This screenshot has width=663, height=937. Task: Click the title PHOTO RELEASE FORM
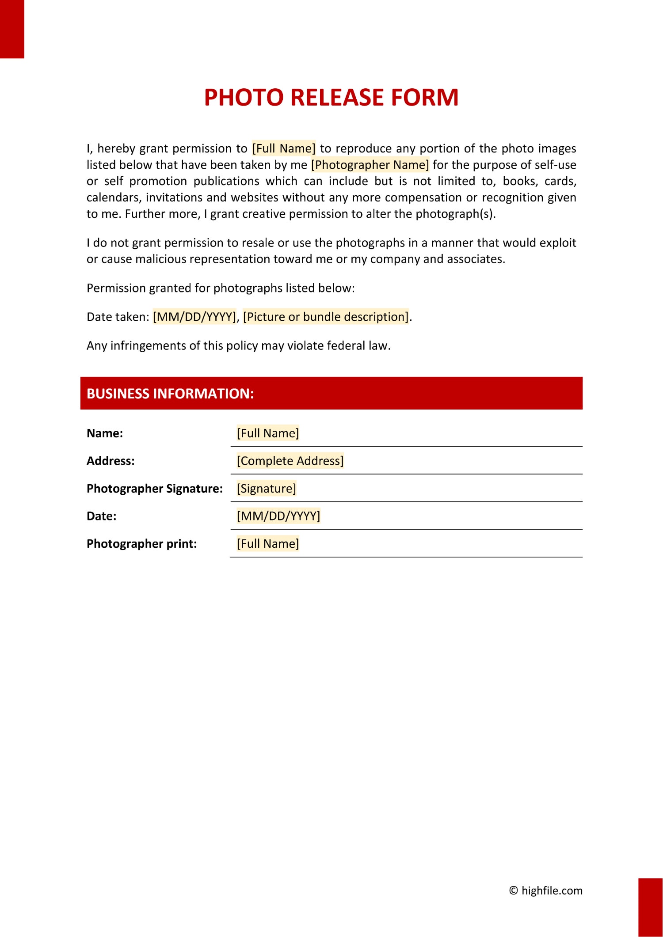(x=331, y=97)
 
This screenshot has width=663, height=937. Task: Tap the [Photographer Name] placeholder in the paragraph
(x=370, y=165)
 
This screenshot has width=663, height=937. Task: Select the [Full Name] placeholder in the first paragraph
(x=284, y=148)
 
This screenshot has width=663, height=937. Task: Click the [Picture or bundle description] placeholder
(x=326, y=317)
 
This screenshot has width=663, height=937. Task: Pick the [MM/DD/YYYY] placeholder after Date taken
(x=194, y=317)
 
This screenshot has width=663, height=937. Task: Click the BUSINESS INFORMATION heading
(x=170, y=394)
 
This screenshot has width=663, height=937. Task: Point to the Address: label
(x=110, y=461)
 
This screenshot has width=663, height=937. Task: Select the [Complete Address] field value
(x=290, y=461)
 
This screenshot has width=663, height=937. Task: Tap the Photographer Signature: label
(x=155, y=489)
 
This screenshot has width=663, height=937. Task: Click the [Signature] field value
(x=267, y=489)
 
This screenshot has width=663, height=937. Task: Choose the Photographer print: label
(x=141, y=544)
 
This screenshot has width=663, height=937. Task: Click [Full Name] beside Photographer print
(x=268, y=544)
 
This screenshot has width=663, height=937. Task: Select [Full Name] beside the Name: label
(x=268, y=433)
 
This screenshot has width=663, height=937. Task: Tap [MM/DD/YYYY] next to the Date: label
(x=278, y=516)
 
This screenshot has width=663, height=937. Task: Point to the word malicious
(x=161, y=259)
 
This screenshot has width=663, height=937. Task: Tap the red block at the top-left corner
(x=12, y=29)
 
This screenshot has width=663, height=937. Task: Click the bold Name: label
(x=105, y=433)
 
